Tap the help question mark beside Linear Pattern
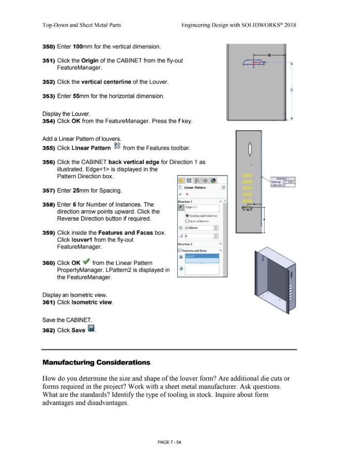click(x=223, y=187)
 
